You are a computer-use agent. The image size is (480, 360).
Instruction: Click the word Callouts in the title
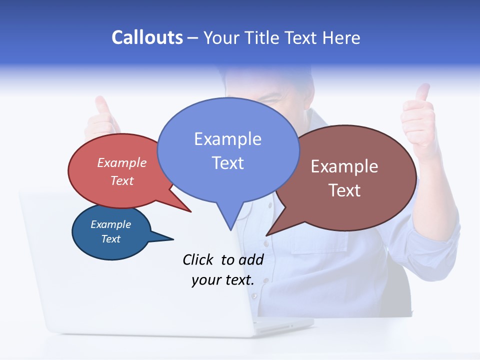[x=147, y=37]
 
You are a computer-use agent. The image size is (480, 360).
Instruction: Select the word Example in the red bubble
[x=122, y=162]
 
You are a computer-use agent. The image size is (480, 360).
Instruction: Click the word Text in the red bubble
[x=122, y=180]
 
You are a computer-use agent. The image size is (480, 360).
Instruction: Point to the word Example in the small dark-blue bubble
[x=110, y=224]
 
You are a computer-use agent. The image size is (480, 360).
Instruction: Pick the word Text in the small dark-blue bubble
[x=110, y=239]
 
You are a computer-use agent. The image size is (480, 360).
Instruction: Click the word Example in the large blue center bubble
[x=227, y=139]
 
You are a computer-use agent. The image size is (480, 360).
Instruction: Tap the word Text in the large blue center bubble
[x=227, y=163]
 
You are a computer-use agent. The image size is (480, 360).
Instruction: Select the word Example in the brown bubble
[x=344, y=166]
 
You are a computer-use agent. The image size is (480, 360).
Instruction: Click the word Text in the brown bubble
[x=344, y=190]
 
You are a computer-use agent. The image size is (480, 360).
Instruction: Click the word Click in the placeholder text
[x=198, y=259]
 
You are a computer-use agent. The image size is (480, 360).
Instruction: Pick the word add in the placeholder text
[x=251, y=259]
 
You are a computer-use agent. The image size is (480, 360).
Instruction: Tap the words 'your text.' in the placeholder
[x=223, y=280]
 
